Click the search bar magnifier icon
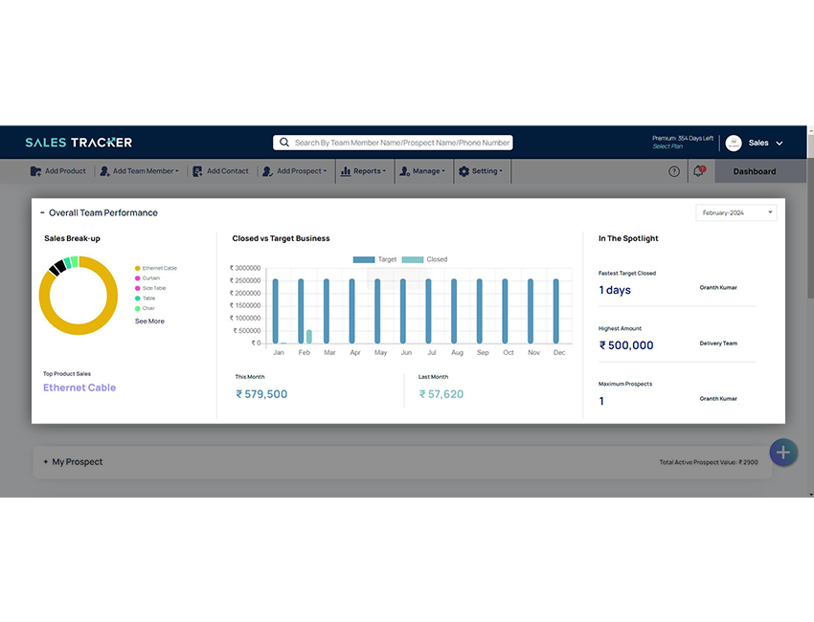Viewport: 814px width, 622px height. [284, 143]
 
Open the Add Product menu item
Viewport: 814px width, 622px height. [58, 171]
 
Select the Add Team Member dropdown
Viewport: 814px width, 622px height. [140, 171]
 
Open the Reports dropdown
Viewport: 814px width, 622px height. [364, 171]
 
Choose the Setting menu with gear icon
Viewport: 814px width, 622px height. [481, 171]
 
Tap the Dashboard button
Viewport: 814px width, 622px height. [754, 171]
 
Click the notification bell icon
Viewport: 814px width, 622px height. [698, 171]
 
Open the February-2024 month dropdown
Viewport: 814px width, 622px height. [735, 212]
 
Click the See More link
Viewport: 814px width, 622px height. [149, 322]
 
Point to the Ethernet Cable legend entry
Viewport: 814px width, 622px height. [159, 268]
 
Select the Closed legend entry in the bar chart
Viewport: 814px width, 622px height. [425, 259]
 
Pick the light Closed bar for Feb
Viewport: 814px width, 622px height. [309, 336]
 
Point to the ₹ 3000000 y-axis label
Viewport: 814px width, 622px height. [245, 268]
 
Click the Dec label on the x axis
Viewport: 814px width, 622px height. [559, 352]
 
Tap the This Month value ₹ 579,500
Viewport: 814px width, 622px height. [261, 394]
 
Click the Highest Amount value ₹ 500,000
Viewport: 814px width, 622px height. [626, 345]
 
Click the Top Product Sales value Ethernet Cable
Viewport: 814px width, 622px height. [79, 388]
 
